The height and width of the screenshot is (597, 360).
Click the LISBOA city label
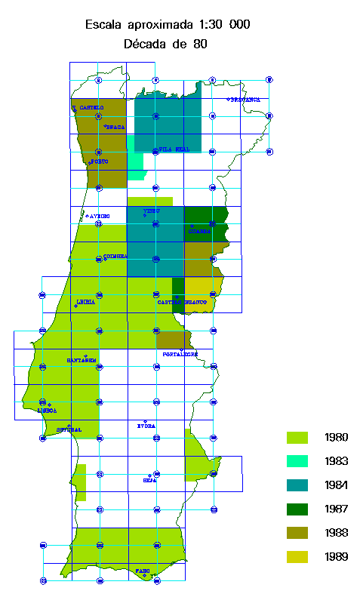tap(47, 411)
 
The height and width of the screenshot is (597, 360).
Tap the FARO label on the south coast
tap(143, 571)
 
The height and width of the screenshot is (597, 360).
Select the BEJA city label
tap(149, 479)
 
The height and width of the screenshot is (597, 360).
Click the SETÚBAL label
tap(69, 430)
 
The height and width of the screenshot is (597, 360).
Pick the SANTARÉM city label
tap(82, 360)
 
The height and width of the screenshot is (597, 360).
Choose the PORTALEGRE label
tap(180, 353)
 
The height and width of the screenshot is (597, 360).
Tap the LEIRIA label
tap(85, 302)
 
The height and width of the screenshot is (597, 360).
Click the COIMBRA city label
tap(115, 257)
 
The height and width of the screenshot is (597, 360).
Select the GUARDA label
tap(199, 231)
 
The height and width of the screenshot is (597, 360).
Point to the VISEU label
tap(152, 211)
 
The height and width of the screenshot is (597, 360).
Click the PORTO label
tap(99, 162)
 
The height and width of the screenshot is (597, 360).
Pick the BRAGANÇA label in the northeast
tap(245, 100)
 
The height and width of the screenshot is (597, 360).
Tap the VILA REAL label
tap(174, 149)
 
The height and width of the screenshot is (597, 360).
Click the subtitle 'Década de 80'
tap(165, 45)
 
